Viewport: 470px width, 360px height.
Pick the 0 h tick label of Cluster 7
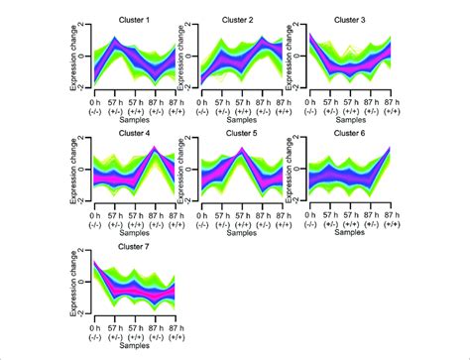tap(95, 325)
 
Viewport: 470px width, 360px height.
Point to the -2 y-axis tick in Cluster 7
tap(87, 313)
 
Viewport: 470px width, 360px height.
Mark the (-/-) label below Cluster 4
tap(95, 223)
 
